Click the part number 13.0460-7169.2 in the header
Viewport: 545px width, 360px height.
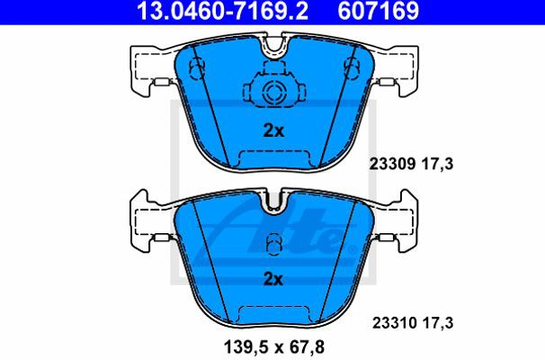point(222,11)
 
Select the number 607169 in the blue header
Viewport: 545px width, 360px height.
point(378,11)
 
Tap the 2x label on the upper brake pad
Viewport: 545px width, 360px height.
point(273,131)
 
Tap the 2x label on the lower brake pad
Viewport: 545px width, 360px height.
point(273,279)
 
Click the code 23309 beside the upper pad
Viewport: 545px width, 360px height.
point(392,164)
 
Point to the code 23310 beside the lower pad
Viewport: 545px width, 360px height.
point(395,323)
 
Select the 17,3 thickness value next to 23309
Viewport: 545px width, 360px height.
point(438,164)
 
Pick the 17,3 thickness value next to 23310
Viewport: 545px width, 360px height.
point(438,323)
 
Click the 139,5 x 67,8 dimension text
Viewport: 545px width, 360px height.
point(274,346)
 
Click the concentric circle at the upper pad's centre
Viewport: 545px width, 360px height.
point(273,92)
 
